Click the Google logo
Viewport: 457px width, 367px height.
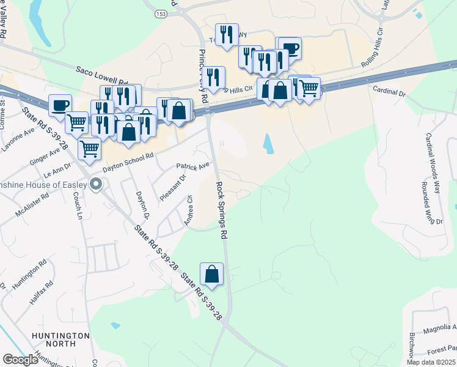tap(21, 360)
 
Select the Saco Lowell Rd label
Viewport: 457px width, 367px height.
tap(101, 76)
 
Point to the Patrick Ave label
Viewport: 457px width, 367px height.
tap(193, 165)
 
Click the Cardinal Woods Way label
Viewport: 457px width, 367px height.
tap(433, 163)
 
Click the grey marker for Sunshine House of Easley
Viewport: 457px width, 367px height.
tap(95, 183)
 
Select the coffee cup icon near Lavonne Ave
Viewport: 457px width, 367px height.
tap(60, 105)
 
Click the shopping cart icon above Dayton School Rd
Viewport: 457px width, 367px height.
tap(90, 147)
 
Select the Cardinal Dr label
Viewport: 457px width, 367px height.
tap(389, 91)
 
